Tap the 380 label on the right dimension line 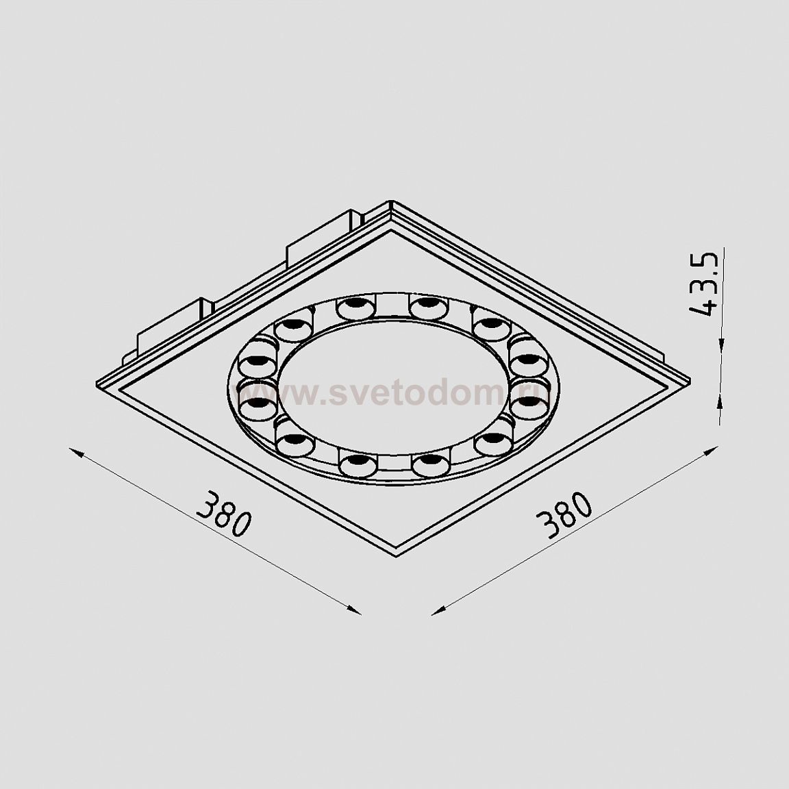[x=566, y=516]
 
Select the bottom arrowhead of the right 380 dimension [x=436, y=611]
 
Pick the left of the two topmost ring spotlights [x=355, y=308]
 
